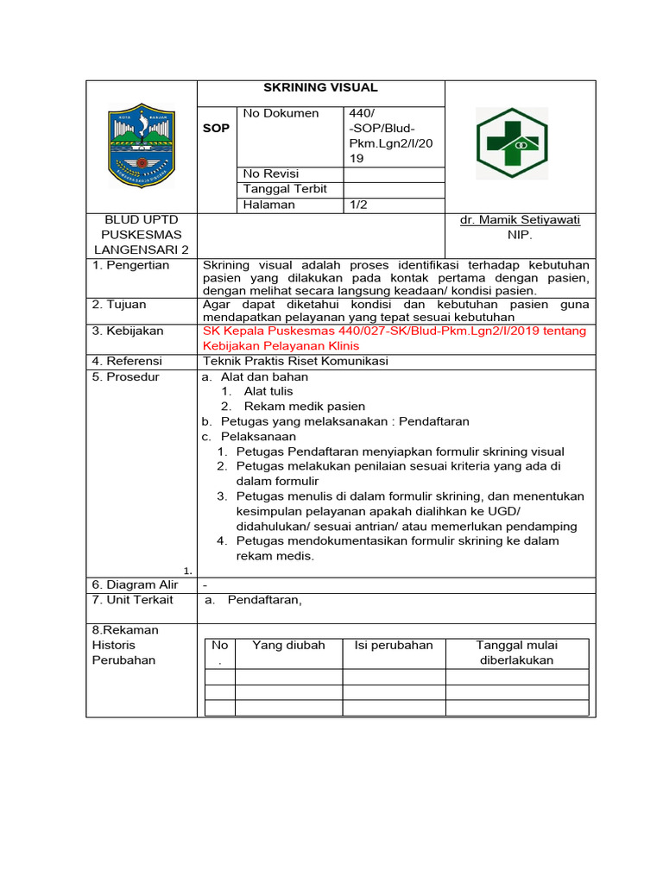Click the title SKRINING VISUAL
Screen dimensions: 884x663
pos(320,87)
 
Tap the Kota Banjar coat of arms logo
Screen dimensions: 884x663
pos(141,146)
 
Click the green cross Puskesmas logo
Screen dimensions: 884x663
pos(512,143)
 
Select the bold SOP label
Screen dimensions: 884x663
pos(217,128)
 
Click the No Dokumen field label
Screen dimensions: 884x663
pos(281,113)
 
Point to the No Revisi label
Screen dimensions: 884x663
pos(268,174)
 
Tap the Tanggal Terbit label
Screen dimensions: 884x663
pos(285,189)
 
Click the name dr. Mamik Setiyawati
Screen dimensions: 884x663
pos(520,220)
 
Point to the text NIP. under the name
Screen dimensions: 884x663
pos(520,235)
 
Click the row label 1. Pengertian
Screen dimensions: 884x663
pos(131,265)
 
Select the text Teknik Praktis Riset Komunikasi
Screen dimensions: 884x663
pos(294,362)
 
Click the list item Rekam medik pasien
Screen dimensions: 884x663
pos(304,406)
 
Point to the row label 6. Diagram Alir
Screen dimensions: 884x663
pos(135,584)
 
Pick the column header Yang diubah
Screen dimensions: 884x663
pos(288,646)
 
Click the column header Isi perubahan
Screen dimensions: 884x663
pos(393,646)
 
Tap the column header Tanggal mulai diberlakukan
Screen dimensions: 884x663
pos(516,653)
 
